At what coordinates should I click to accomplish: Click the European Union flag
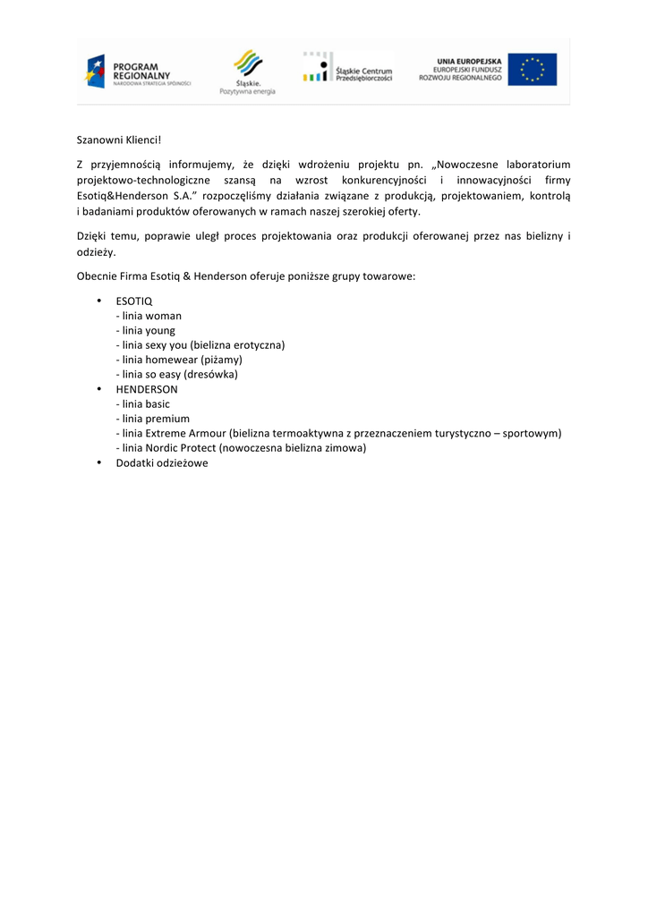tap(533, 70)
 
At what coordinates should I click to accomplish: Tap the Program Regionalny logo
tap(131, 72)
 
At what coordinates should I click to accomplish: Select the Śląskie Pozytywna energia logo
tap(248, 72)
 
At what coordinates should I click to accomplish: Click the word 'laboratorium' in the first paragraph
tap(537, 165)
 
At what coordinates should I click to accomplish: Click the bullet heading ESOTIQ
tap(134, 301)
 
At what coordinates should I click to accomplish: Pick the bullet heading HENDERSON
tap(147, 389)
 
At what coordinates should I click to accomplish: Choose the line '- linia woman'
tap(149, 316)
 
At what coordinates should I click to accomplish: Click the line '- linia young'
tap(146, 330)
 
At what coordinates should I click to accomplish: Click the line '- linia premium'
tap(153, 419)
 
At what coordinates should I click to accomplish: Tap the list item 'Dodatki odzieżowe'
tap(162, 462)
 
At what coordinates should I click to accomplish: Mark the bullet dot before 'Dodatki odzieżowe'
tap(98, 462)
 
